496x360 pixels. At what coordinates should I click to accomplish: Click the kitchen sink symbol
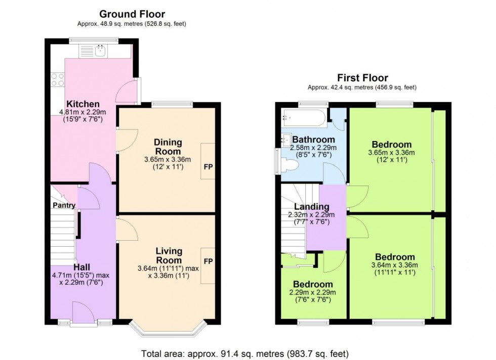pyautogui.click(x=100, y=50)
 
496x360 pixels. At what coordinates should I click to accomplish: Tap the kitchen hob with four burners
pyautogui.click(x=57, y=80)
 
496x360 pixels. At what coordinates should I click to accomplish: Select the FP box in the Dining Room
pyautogui.click(x=208, y=161)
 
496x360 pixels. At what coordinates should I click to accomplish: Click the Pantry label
pyautogui.click(x=63, y=205)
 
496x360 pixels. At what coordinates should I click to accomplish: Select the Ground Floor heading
pyautogui.click(x=132, y=14)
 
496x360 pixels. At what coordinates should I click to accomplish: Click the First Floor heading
pyautogui.click(x=362, y=78)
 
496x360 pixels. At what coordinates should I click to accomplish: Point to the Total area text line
pyautogui.click(x=244, y=353)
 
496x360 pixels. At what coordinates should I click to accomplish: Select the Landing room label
pyautogui.click(x=312, y=206)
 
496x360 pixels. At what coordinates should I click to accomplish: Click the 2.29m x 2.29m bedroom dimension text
pyautogui.click(x=312, y=292)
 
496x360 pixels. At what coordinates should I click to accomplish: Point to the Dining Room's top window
pyautogui.click(x=172, y=105)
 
